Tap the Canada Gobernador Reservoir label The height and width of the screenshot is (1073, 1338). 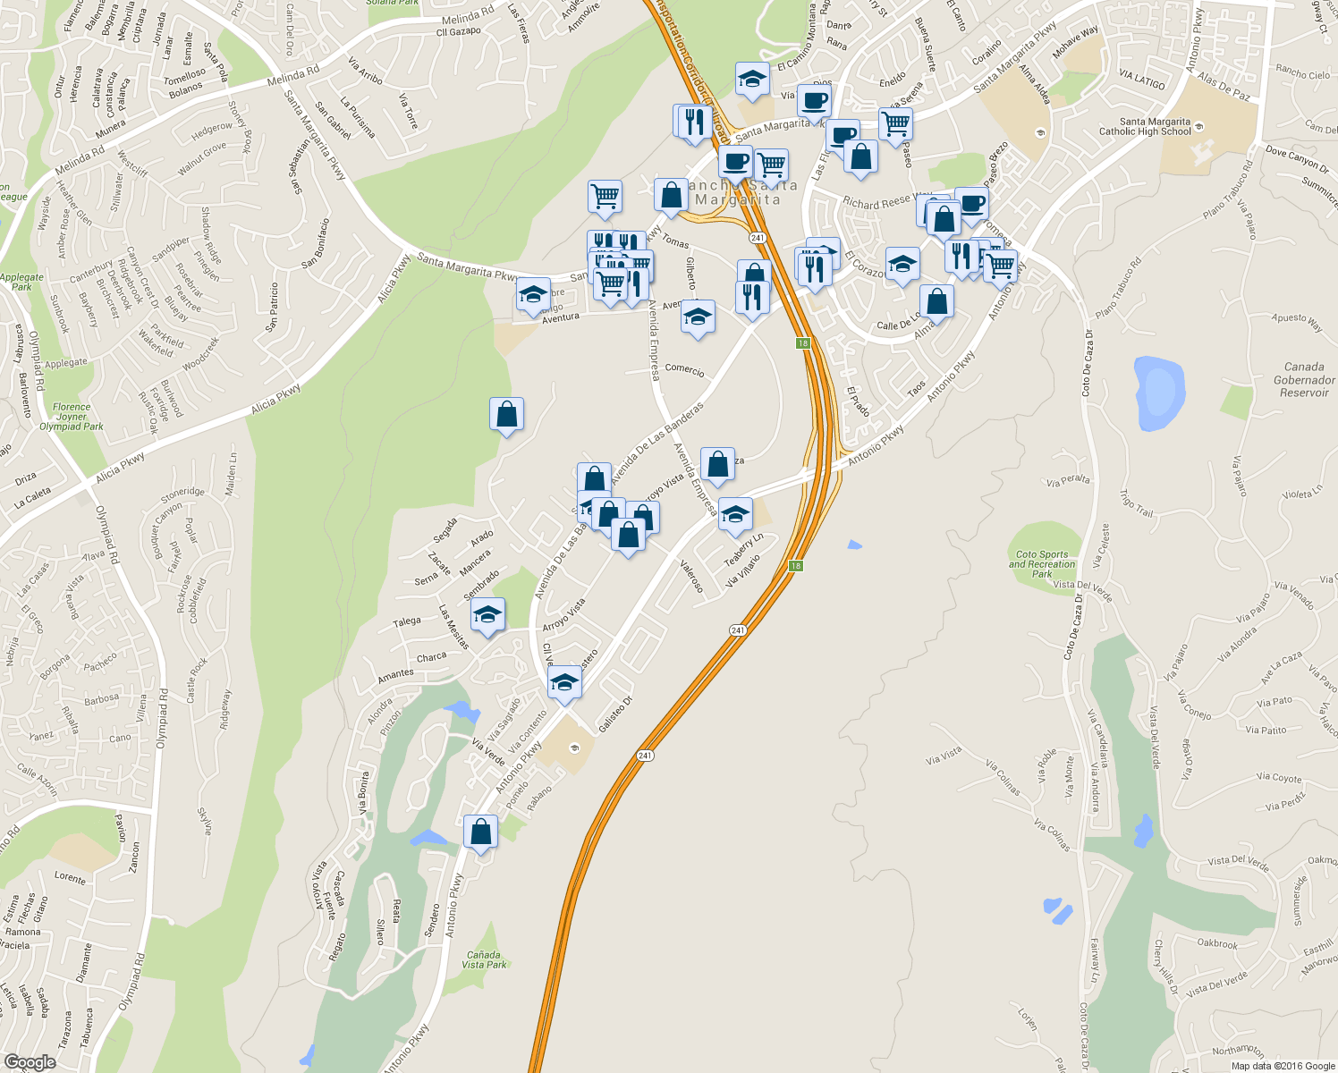tap(1304, 379)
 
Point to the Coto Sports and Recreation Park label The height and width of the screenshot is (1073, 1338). tap(1042, 563)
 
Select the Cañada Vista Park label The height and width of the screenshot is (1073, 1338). tap(485, 959)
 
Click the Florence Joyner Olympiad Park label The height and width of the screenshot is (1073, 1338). tap(72, 417)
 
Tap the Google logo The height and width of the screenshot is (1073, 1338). tap(30, 1062)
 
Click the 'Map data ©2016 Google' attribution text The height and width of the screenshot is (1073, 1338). tap(1283, 1066)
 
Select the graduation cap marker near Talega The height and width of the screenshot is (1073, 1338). tap(487, 614)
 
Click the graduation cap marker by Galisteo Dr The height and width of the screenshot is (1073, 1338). tap(564, 682)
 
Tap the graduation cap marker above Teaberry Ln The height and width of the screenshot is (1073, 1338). tap(735, 513)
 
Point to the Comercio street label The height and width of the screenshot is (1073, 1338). tap(684, 370)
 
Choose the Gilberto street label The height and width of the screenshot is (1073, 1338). tap(690, 273)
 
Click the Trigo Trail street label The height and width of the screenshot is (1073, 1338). tap(1137, 503)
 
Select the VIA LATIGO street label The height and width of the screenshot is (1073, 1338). tap(1142, 80)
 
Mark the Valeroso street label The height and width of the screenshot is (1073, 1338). tap(691, 576)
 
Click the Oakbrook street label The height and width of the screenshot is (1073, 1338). tap(1217, 944)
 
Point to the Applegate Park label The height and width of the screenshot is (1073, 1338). tap(21, 282)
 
